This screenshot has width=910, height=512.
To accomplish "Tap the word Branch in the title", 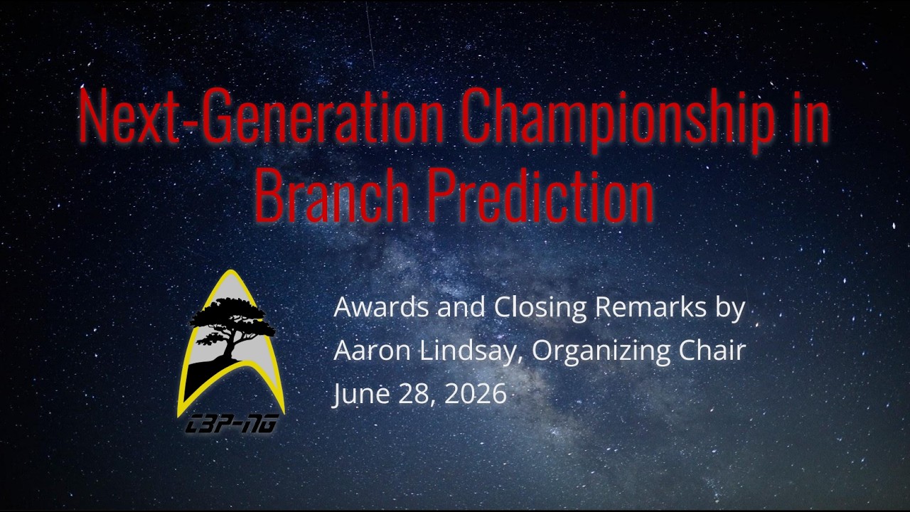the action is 332,195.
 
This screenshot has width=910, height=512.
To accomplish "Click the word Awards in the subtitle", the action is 380,308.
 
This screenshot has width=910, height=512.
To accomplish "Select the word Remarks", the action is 651,308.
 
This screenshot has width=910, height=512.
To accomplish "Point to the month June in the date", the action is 362,394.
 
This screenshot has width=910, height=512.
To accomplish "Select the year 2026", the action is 476,393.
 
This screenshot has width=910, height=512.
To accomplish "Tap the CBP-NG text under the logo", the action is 231,424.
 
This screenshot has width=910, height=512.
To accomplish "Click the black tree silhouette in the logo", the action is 232,329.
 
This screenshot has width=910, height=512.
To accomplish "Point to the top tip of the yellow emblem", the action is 231,270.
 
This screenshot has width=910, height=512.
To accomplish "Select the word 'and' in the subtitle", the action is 461,308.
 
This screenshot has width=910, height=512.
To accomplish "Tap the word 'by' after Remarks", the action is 730,310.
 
